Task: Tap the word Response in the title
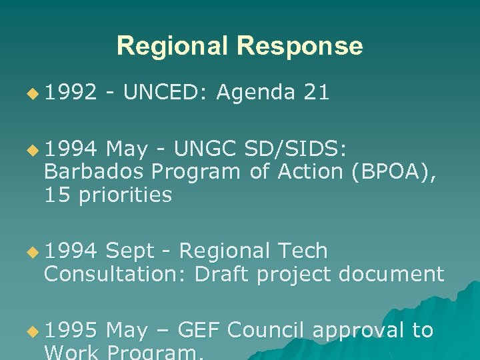(x=299, y=46)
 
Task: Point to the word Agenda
(x=255, y=93)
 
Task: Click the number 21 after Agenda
(x=316, y=93)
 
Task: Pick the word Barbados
(x=93, y=172)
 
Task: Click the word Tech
(x=303, y=251)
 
